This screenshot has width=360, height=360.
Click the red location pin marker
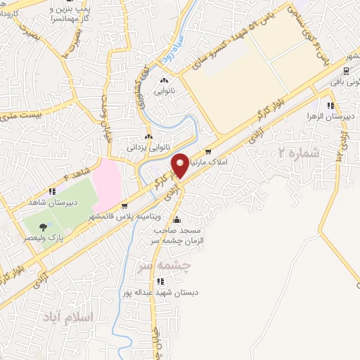(180, 165)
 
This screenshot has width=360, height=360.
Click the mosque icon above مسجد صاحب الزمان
(176, 219)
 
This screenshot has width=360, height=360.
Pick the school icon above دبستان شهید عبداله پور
(161, 281)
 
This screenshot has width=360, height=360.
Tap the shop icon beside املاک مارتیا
(207, 151)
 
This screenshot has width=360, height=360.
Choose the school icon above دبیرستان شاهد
(51, 191)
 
